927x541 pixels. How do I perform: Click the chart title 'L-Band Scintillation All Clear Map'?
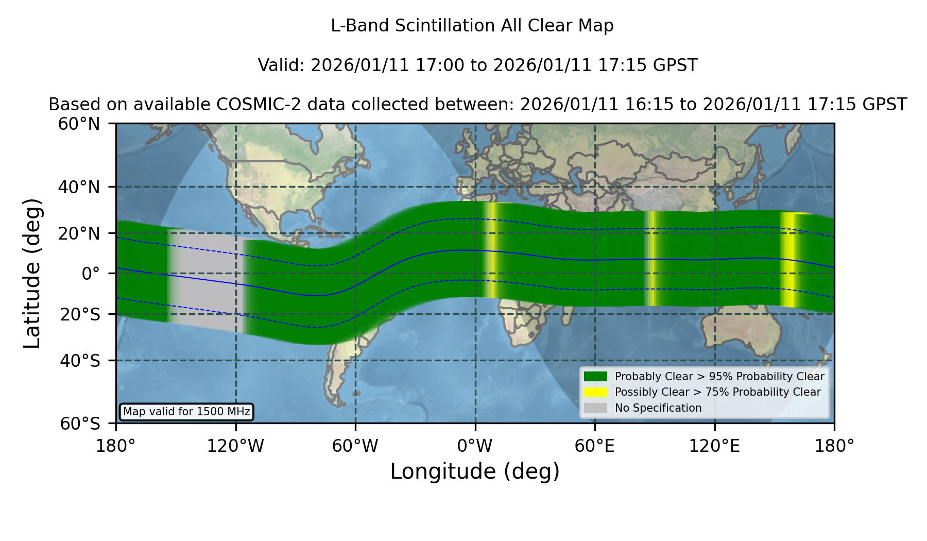(x=472, y=26)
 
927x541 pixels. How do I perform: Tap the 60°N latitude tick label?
(x=79, y=124)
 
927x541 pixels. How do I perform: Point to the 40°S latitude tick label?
(x=80, y=361)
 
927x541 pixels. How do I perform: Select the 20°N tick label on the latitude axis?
(x=79, y=233)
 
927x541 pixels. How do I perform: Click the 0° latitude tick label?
(x=91, y=274)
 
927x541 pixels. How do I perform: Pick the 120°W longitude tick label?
(x=236, y=446)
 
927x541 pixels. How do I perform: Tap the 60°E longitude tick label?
(x=595, y=446)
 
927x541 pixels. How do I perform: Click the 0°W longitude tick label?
(x=475, y=446)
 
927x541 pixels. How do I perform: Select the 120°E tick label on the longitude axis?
(x=715, y=446)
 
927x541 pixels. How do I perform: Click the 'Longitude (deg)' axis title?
(x=475, y=471)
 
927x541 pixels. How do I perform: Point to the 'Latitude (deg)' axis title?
(x=32, y=273)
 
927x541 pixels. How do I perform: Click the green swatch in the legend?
(x=595, y=377)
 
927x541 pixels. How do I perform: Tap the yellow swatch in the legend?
(x=595, y=392)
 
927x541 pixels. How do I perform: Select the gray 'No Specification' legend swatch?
(x=595, y=408)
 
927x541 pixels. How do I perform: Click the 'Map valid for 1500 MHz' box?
(x=186, y=412)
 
